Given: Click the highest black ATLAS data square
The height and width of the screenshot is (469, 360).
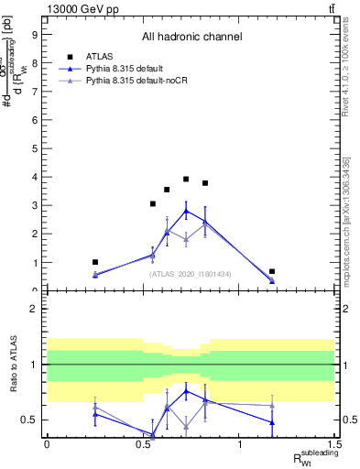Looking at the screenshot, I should click(186, 180).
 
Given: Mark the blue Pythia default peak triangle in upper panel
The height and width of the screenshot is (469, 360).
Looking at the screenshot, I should click(186, 211).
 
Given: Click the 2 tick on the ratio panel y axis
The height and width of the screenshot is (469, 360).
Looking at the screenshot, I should click(34, 309).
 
